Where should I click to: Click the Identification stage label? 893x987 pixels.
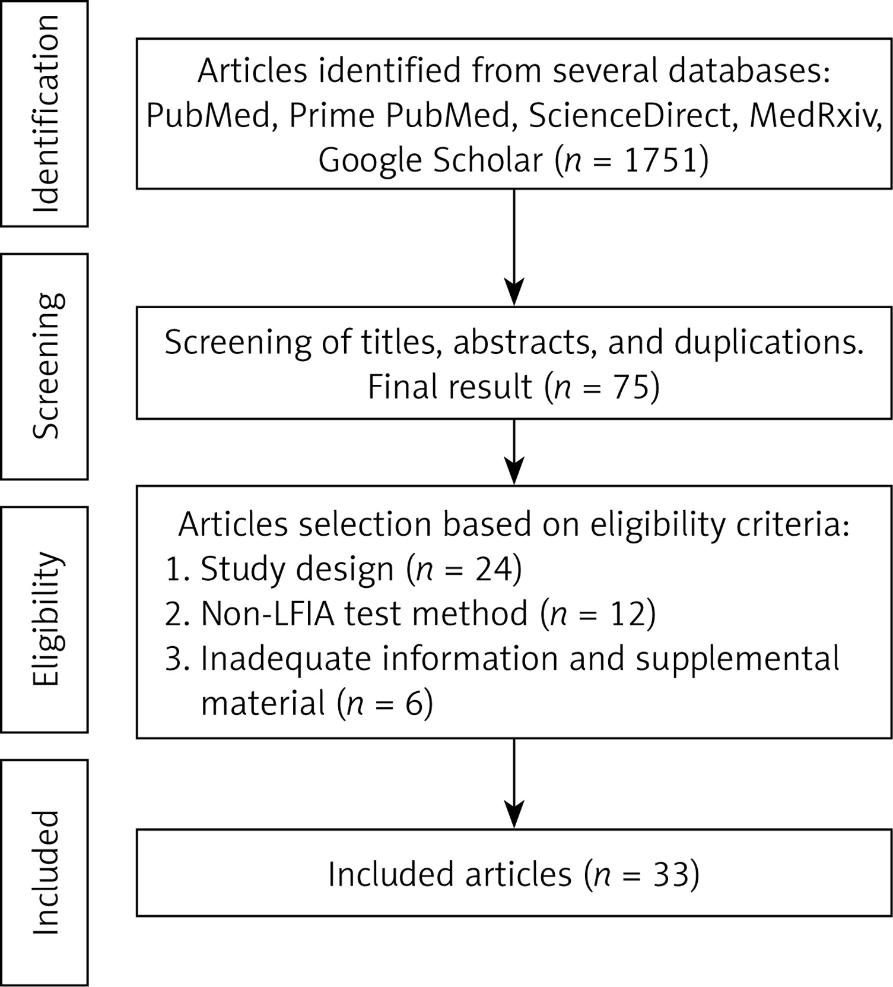pyautogui.click(x=46, y=113)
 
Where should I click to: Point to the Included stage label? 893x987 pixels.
pyautogui.click(x=46, y=872)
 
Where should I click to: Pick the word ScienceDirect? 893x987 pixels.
pyautogui.click(x=629, y=115)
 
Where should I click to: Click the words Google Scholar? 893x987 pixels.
pyautogui.click(x=431, y=160)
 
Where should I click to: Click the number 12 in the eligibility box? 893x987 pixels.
pyautogui.click(x=626, y=613)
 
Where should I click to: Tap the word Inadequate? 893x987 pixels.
pyautogui.click(x=287, y=658)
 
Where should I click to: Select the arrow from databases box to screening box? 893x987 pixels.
pyautogui.click(x=514, y=247)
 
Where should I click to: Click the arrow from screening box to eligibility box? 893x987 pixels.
pyautogui.click(x=514, y=452)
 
